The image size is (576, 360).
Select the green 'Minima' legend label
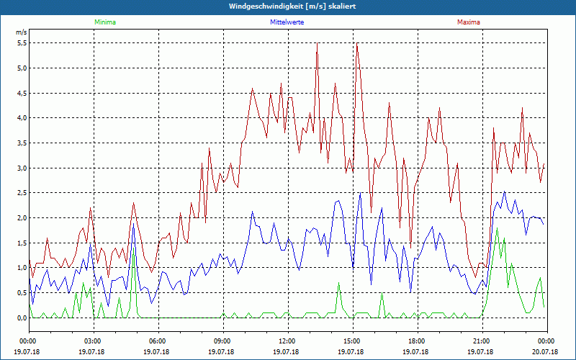pos(104,22)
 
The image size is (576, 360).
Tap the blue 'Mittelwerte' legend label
pos(287,22)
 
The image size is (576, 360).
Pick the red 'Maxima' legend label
pos(469,22)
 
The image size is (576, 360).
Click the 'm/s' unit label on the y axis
pos(21,33)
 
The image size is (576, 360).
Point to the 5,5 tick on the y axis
pos(21,43)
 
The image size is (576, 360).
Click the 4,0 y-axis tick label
pos(21,118)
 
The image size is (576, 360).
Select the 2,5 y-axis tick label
pos(21,193)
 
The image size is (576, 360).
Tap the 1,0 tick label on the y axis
pos(21,268)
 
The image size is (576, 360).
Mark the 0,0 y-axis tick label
pos(21,318)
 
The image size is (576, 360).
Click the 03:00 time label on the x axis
pos(93,341)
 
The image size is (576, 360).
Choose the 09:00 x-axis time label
pos(222,341)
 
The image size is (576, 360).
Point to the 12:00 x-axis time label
pos(287,341)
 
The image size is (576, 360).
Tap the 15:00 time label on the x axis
pos(352,341)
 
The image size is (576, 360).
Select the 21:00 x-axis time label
pos(482,341)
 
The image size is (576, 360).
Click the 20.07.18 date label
pos(546,351)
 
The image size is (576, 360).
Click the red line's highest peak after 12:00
pos(318,43)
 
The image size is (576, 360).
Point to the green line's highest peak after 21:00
pos(497,228)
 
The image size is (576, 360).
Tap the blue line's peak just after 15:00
pos(361,193)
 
